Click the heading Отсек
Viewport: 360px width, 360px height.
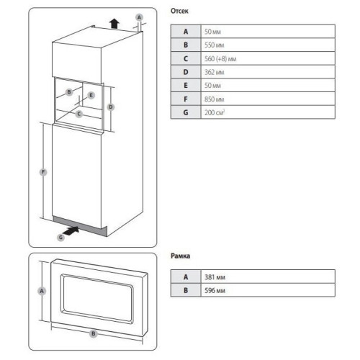[179, 11]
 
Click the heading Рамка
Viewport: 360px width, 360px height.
[180, 256]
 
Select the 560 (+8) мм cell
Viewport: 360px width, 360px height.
[268, 58]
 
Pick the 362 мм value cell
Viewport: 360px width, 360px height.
[268, 72]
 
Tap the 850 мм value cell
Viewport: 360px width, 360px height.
[268, 99]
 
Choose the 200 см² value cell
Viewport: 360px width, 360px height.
[268, 112]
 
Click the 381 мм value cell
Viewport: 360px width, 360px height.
[268, 276]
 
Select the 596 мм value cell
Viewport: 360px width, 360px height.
[268, 290]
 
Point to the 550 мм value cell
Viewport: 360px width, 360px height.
[268, 45]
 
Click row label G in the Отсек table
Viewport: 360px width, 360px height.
[186, 112]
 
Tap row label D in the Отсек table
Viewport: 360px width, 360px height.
[186, 72]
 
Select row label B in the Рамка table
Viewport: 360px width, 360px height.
[186, 290]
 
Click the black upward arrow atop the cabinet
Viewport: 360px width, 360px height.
[114, 24]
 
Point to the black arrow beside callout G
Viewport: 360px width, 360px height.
[71, 230]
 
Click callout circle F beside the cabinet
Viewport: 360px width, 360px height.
[43, 172]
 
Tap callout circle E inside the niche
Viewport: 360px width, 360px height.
[91, 95]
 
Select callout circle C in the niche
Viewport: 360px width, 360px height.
[79, 114]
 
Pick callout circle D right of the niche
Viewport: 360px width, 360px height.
[111, 107]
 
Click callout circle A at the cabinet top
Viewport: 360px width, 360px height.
[139, 17]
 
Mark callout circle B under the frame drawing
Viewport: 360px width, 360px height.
[94, 333]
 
